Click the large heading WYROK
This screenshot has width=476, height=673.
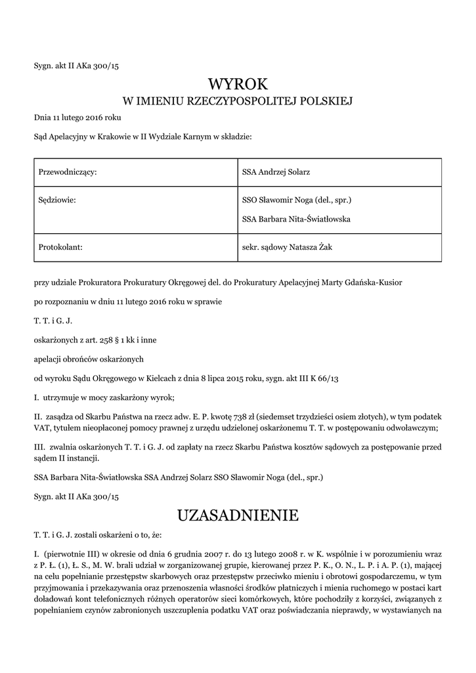238,84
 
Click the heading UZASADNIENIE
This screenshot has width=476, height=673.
238,515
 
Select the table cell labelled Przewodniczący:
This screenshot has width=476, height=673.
68,172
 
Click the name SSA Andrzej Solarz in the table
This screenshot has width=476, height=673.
276,172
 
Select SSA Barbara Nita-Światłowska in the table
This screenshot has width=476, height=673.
296,220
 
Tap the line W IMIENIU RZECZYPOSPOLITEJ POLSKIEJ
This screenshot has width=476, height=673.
238,101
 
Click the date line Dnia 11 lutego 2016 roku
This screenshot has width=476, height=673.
77,118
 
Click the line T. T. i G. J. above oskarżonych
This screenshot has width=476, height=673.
53,321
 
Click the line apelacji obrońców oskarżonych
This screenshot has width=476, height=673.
89,360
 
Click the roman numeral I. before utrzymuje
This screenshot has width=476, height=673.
37,398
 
